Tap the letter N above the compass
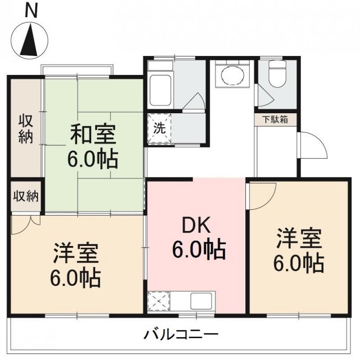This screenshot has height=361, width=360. [31, 11]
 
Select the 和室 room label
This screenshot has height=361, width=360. [93, 134]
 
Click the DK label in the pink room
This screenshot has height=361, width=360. [199, 224]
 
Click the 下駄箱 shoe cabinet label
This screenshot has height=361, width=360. [276, 120]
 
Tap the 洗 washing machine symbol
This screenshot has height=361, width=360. [159, 128]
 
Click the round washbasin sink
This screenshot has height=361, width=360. [232, 74]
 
